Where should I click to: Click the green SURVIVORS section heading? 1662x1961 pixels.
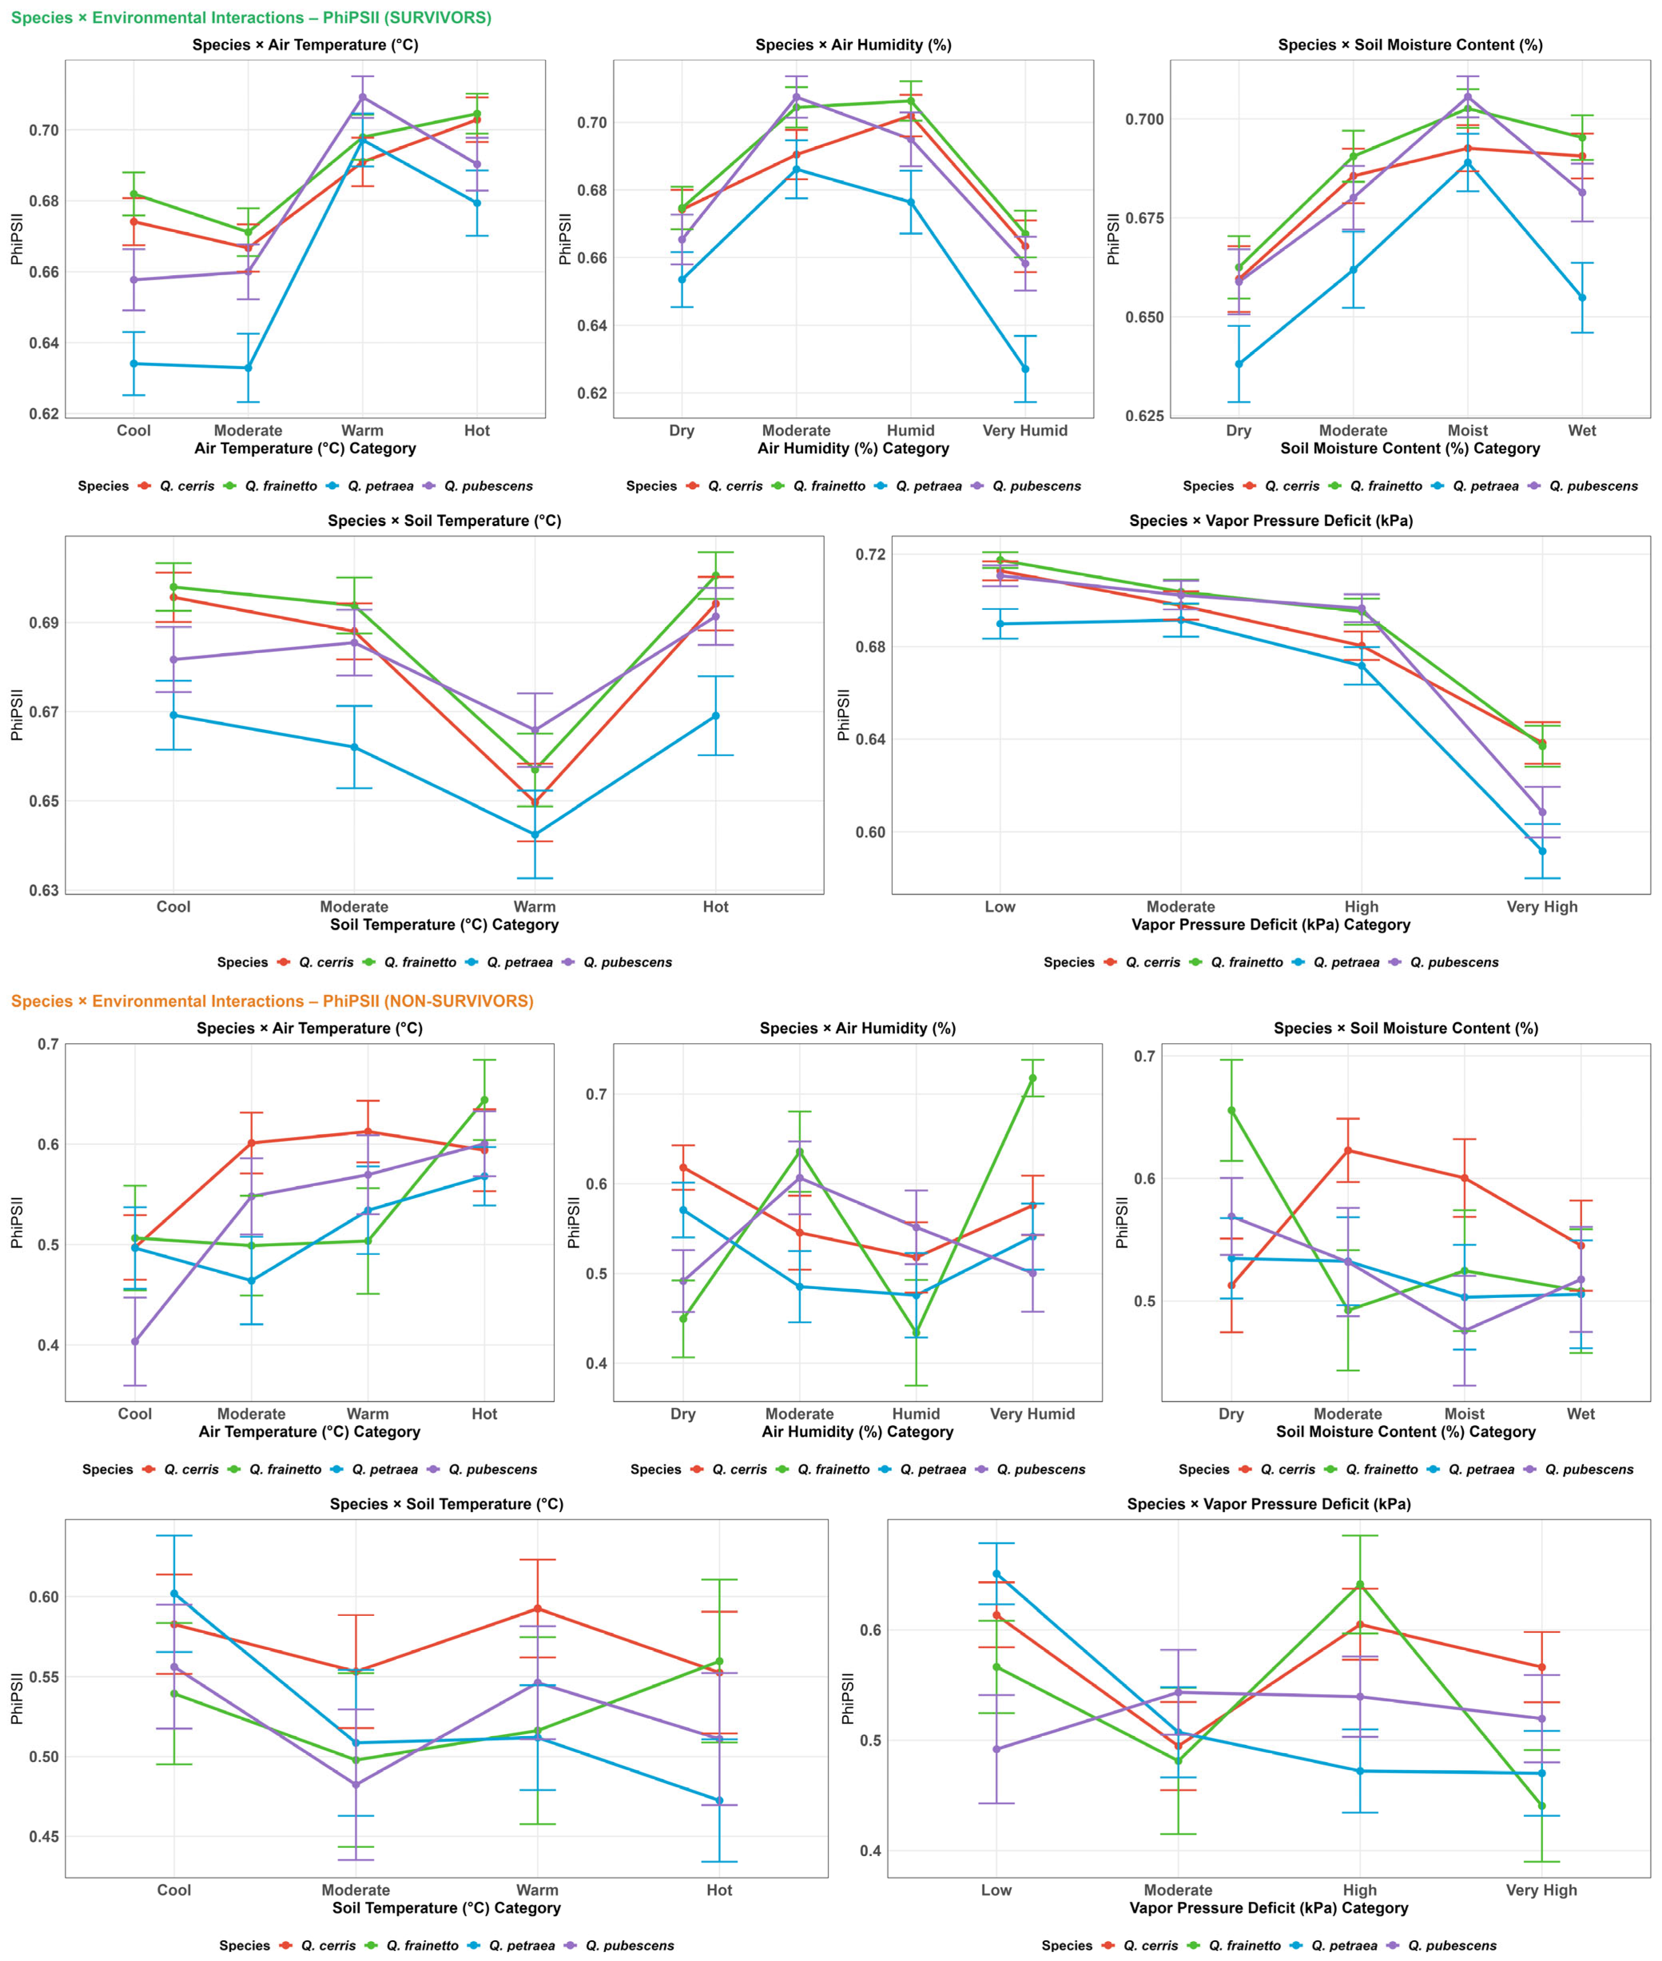[251, 18]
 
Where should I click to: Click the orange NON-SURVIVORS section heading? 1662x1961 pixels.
[272, 1001]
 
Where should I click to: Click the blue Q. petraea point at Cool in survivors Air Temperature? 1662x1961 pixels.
[134, 364]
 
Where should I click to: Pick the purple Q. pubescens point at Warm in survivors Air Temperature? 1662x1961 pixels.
[363, 97]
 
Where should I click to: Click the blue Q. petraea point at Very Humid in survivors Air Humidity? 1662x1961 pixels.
[1025, 370]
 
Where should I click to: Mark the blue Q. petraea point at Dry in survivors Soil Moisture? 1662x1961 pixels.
[1239, 364]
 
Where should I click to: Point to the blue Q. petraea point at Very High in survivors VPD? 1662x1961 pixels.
[1542, 851]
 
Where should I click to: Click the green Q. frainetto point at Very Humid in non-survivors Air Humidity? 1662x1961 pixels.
[1033, 1078]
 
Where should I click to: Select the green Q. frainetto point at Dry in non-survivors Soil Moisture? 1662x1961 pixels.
[1232, 1110]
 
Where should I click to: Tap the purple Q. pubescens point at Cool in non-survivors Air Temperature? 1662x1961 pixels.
[135, 1341]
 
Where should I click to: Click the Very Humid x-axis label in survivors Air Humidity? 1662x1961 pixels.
[1025, 431]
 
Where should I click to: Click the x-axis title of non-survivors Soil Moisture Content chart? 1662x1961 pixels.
[1406, 1431]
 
